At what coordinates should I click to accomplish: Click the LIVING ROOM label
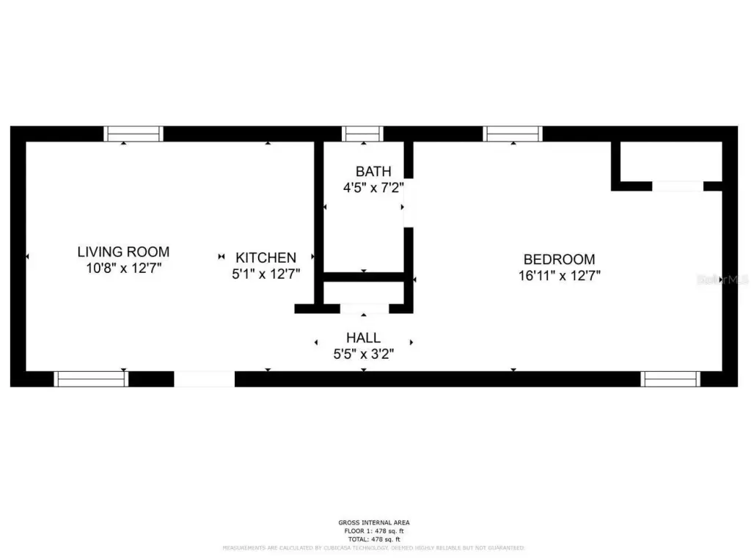(123, 252)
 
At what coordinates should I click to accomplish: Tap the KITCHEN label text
(265, 257)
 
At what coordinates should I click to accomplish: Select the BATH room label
(373, 172)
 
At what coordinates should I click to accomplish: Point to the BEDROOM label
(559, 259)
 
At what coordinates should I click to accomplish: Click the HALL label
(363, 337)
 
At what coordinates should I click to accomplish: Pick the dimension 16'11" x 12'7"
(559, 276)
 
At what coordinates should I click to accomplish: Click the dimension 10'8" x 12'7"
(123, 268)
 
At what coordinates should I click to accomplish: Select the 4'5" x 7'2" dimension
(373, 188)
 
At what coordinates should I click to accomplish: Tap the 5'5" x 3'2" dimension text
(363, 354)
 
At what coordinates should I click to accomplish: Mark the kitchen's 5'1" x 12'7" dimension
(265, 274)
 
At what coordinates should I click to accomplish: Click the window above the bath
(363, 134)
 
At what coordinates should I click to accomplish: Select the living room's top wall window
(133, 134)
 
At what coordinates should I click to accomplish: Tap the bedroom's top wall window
(513, 134)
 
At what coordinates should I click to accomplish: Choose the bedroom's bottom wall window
(670, 379)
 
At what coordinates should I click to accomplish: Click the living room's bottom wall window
(91, 379)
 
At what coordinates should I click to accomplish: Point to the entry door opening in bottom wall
(204, 379)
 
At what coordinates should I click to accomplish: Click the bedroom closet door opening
(677, 186)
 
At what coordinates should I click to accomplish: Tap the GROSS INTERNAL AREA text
(374, 522)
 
